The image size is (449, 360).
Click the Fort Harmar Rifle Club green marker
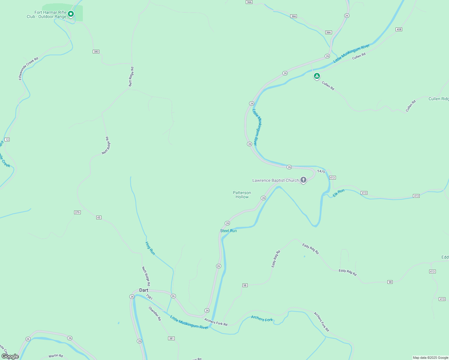click(x=71, y=14)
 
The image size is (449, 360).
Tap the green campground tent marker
click(x=317, y=76)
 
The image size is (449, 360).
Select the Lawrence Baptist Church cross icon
click(x=303, y=180)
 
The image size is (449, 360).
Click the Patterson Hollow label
click(x=242, y=195)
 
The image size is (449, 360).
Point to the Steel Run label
click(x=228, y=231)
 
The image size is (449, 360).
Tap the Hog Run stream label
click(x=150, y=248)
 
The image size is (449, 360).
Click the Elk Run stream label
click(x=339, y=193)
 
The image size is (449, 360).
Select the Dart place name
click(x=144, y=290)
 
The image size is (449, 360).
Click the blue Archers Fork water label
click(x=262, y=319)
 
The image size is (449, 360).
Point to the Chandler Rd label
click(x=155, y=313)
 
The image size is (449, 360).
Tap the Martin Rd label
click(x=56, y=356)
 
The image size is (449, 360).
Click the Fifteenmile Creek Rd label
click(x=29, y=68)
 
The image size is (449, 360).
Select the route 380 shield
click(x=96, y=52)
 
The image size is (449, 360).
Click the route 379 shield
click(x=77, y=212)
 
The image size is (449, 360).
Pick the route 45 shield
click(x=99, y=217)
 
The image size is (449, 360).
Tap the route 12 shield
click(x=7, y=139)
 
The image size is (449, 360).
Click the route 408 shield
click(x=399, y=29)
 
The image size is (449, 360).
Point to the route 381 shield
click(x=171, y=338)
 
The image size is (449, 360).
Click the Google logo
click(x=10, y=356)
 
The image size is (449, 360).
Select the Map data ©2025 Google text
click(x=430, y=358)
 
